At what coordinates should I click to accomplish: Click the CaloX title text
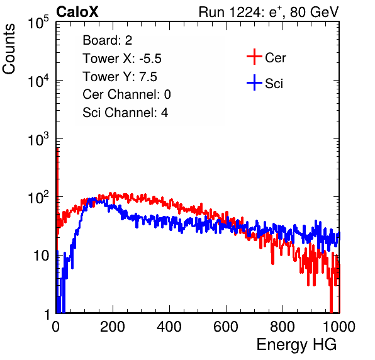(x=77, y=12)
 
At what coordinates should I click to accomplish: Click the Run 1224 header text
(x=269, y=12)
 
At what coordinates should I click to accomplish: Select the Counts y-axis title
(x=9, y=49)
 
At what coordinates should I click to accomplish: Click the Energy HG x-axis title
(x=296, y=345)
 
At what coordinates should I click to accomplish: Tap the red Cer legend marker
(x=254, y=57)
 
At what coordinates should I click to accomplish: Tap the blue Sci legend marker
(x=254, y=82)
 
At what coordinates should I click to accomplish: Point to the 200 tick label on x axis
(x=113, y=326)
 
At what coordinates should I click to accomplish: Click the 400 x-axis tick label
(x=169, y=326)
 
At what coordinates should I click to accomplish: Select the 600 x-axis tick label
(x=226, y=326)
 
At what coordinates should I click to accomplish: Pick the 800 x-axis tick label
(x=283, y=326)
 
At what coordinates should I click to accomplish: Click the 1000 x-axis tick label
(x=339, y=326)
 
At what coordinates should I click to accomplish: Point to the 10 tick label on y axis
(x=41, y=256)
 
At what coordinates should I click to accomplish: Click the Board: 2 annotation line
(x=108, y=40)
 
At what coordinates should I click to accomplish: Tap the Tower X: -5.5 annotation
(x=122, y=59)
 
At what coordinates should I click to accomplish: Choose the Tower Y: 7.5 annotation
(x=120, y=77)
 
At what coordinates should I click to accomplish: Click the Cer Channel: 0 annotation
(x=126, y=94)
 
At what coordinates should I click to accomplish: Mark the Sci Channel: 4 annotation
(x=125, y=112)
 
